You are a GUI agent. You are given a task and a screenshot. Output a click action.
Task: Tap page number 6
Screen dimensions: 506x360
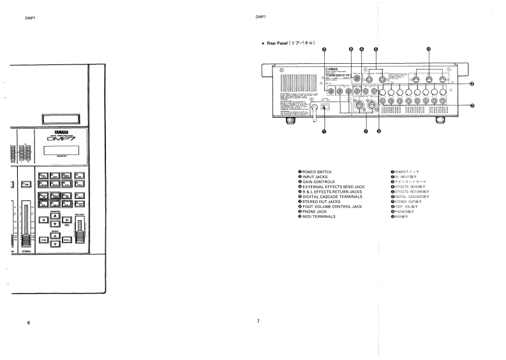tap(28, 322)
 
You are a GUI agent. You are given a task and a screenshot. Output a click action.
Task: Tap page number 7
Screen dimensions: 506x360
tap(258, 320)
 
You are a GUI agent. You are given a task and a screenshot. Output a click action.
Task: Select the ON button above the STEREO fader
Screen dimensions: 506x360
tap(27, 184)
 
